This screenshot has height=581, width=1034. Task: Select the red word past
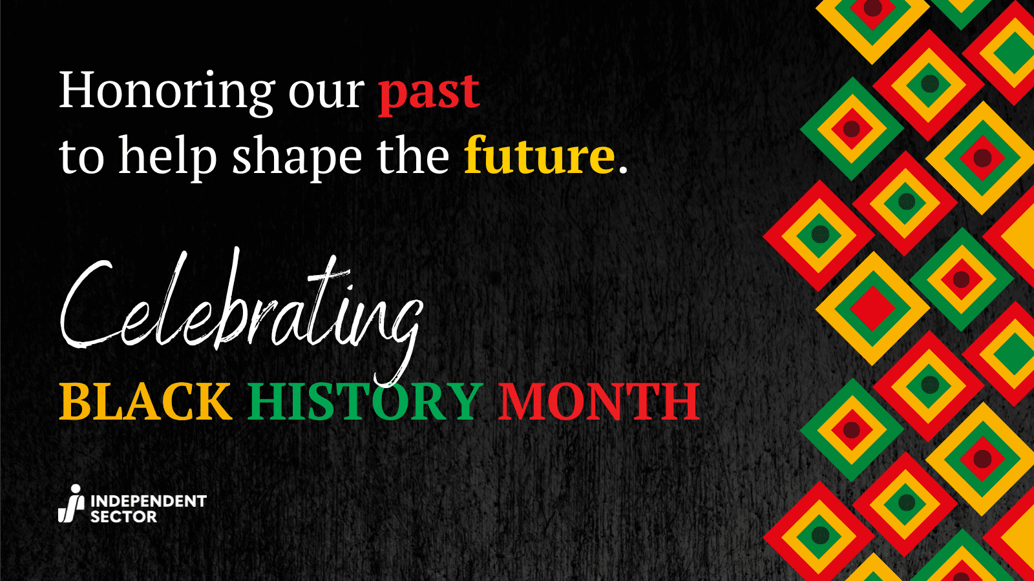pyautogui.click(x=429, y=93)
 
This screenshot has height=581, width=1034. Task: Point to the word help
pyautogui.click(x=167, y=158)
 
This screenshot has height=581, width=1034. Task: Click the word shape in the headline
pyautogui.click(x=297, y=159)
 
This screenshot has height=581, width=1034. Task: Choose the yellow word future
pyautogui.click(x=540, y=156)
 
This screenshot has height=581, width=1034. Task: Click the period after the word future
pyautogui.click(x=623, y=170)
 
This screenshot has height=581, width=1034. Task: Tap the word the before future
pyautogui.click(x=413, y=156)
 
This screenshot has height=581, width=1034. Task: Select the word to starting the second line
pyautogui.click(x=81, y=158)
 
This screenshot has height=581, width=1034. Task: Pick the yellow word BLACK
pyautogui.click(x=145, y=402)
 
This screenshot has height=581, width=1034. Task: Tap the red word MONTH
pyautogui.click(x=599, y=402)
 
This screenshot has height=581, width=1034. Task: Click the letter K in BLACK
pyautogui.click(x=212, y=402)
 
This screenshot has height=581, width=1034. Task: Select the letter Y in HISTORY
pyautogui.click(x=463, y=402)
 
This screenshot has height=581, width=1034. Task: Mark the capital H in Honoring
pyautogui.click(x=78, y=90)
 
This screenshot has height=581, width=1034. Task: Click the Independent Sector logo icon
pyautogui.click(x=71, y=504)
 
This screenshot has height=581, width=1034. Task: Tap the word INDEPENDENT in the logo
pyautogui.click(x=149, y=501)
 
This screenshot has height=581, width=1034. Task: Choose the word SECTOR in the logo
pyautogui.click(x=123, y=516)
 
